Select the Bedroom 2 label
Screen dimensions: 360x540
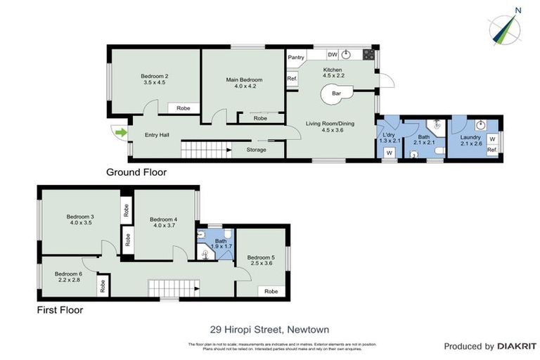click(154, 79)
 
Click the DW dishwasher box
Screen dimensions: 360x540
click(333, 55)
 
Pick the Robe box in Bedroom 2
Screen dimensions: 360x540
click(183, 108)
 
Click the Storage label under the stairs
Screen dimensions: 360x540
click(256, 149)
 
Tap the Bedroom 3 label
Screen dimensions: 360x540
click(79, 219)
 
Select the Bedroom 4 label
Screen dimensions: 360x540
click(163, 222)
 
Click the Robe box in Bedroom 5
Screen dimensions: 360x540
click(271, 291)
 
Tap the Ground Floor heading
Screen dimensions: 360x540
click(136, 172)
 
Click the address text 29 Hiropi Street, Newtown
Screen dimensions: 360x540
click(269, 328)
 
